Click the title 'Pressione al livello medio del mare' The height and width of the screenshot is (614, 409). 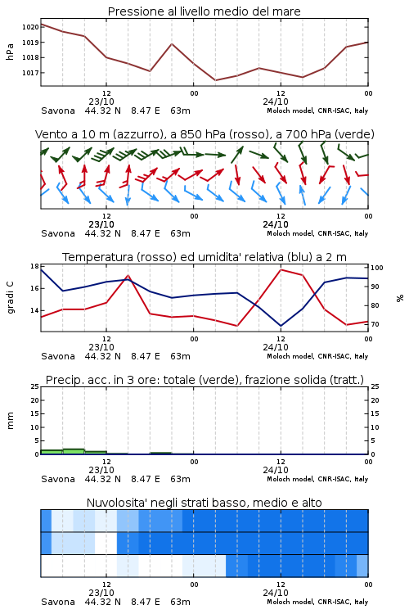click(x=204, y=11)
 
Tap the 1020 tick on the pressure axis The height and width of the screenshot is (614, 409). click(x=30, y=27)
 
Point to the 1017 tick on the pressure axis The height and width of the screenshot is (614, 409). click(x=30, y=73)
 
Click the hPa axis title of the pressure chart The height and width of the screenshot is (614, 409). click(x=10, y=52)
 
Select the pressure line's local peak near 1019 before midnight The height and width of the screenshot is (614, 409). click(x=172, y=44)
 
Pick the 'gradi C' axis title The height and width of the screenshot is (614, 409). click(x=10, y=297)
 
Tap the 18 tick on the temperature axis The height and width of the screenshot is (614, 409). click(x=34, y=266)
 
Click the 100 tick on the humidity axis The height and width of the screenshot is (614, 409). click(x=376, y=268)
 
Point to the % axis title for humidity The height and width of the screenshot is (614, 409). click(x=400, y=298)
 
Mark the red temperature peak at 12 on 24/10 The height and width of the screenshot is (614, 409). click(x=281, y=269)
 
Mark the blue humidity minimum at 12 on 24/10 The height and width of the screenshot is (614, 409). click(x=281, y=326)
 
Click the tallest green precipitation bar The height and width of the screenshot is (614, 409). click(x=74, y=451)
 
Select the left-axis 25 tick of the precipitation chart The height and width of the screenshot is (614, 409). click(x=34, y=386)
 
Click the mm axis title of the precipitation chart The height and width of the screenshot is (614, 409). click(x=10, y=420)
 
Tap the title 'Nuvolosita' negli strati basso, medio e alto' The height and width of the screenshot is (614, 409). click(x=204, y=503)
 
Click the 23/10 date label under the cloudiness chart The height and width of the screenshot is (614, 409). click(x=101, y=593)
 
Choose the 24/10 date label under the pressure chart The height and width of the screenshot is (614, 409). click(x=276, y=102)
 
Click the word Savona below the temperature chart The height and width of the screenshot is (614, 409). click(x=58, y=356)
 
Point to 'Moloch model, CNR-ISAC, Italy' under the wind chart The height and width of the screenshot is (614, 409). click(x=317, y=233)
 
